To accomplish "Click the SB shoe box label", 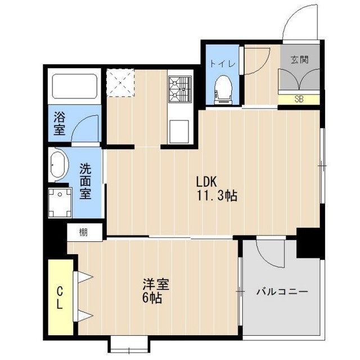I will tap(299, 100).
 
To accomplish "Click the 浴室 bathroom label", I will tap(59, 124).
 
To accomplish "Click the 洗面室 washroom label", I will tap(85, 181).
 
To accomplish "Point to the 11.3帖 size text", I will tap(217, 197).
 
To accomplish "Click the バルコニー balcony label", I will tap(282, 292).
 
